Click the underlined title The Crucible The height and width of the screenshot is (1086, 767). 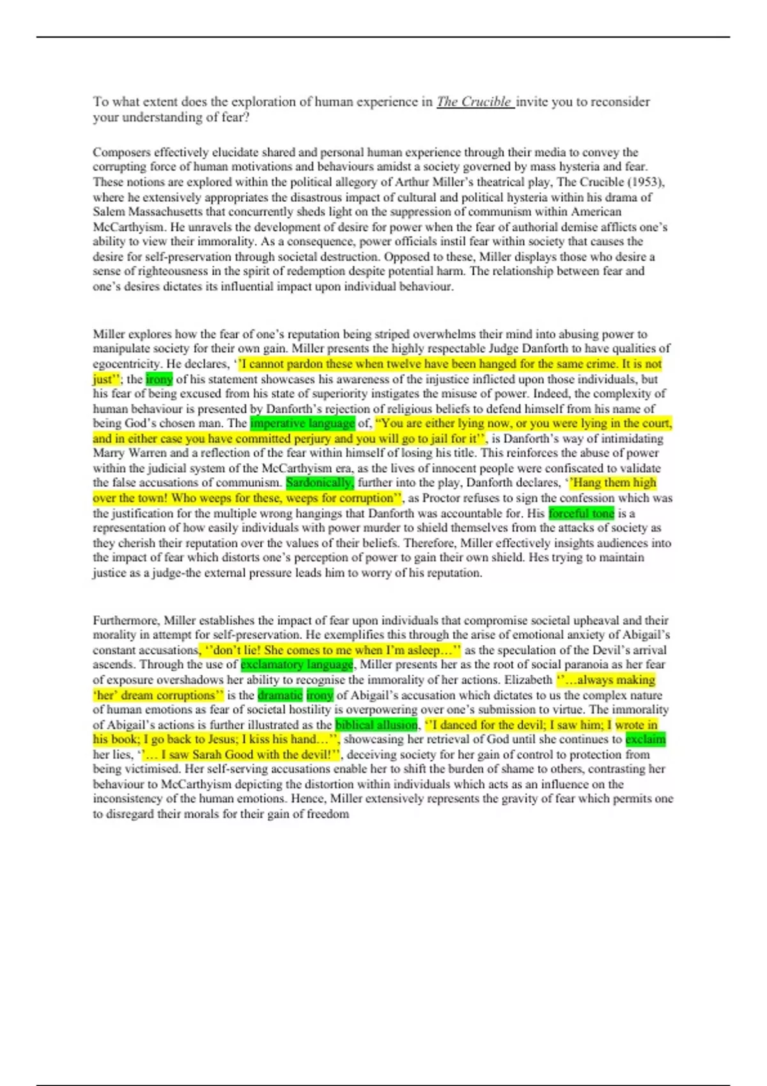point(474,102)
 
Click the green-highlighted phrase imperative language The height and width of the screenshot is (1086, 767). point(302,424)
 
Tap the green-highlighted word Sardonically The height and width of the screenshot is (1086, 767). point(320,483)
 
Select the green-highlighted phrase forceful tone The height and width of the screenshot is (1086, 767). point(581,513)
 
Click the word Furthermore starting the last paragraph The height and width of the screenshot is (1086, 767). point(126,620)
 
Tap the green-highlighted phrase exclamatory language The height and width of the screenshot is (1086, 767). point(297,665)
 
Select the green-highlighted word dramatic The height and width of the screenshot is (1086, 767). point(280,695)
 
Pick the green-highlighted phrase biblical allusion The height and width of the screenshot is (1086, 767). point(376,725)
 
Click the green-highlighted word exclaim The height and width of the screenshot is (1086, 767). point(645,740)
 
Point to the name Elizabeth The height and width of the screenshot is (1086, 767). point(527,680)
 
